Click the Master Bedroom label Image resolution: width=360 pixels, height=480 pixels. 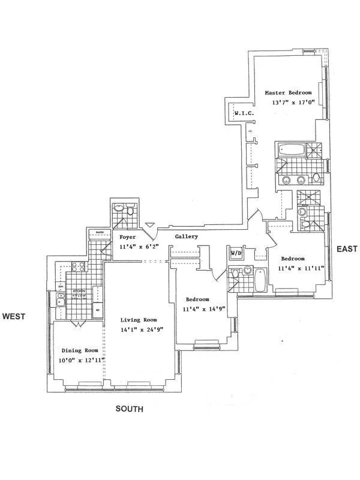pos(289,93)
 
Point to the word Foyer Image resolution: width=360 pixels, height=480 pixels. pos(128,236)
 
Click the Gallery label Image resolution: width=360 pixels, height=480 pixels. pos(187,236)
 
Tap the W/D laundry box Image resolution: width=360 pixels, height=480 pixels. pos(236,254)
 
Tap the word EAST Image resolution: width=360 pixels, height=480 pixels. pos(347,248)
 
